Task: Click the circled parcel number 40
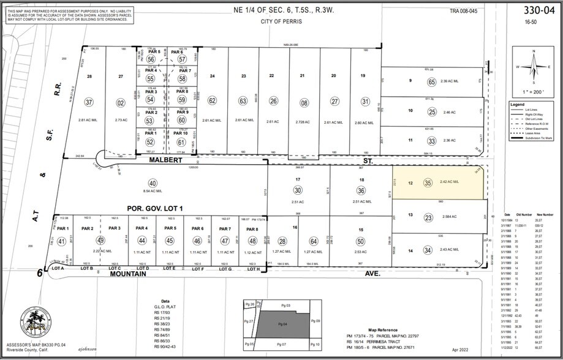pyautogui.click(x=153, y=183)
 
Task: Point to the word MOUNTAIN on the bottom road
pyautogui.click(x=128, y=274)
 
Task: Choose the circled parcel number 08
pyautogui.click(x=304, y=103)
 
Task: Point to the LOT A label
pyautogui.click(x=59, y=268)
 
